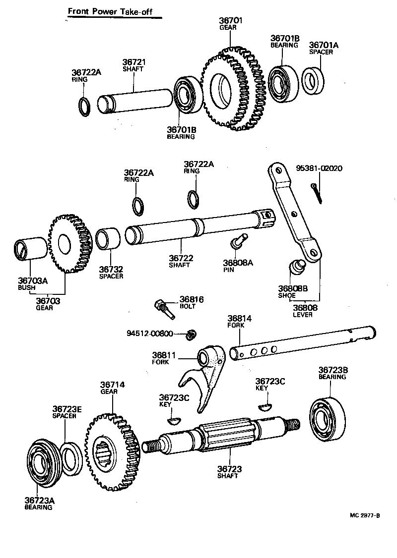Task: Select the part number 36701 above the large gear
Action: point(230,20)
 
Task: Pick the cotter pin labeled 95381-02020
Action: point(317,192)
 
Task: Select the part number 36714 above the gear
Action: point(113,384)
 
